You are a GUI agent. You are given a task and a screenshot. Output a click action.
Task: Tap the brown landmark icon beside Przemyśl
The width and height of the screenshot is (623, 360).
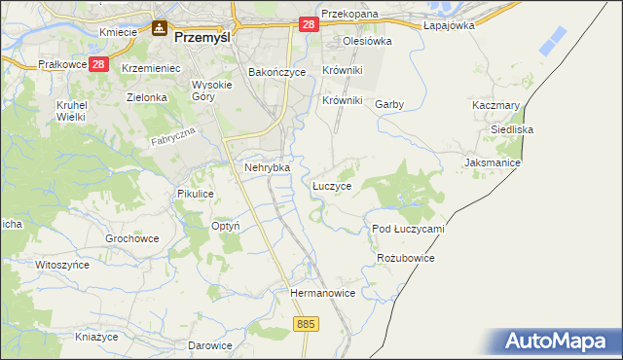pos(159,31)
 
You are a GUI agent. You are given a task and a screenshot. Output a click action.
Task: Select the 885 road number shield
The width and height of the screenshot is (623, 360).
pos(306,323)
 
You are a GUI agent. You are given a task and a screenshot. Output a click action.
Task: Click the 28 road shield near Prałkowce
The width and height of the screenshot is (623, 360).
pos(98,64)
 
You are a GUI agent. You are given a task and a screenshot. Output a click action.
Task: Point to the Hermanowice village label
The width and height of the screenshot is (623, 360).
pos(322,292)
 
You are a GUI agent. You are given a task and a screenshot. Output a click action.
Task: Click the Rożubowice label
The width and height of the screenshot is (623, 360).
pos(404,258)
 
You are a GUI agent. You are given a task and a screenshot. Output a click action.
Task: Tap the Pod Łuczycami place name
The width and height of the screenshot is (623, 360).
pos(408,229)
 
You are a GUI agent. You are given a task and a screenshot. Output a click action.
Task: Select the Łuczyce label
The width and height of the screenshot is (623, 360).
pos(332,184)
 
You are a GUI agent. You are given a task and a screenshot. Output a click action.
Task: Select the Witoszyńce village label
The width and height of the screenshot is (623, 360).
pos(61,265)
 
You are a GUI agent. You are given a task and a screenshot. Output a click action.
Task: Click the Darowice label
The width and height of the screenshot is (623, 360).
pos(210,345)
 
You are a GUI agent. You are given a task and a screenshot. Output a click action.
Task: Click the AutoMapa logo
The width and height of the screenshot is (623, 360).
pos(558,342)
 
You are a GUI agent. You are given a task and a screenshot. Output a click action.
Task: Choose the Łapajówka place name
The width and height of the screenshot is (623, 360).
pos(449,26)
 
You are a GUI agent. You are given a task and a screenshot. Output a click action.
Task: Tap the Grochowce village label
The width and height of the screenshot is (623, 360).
pos(131,238)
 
